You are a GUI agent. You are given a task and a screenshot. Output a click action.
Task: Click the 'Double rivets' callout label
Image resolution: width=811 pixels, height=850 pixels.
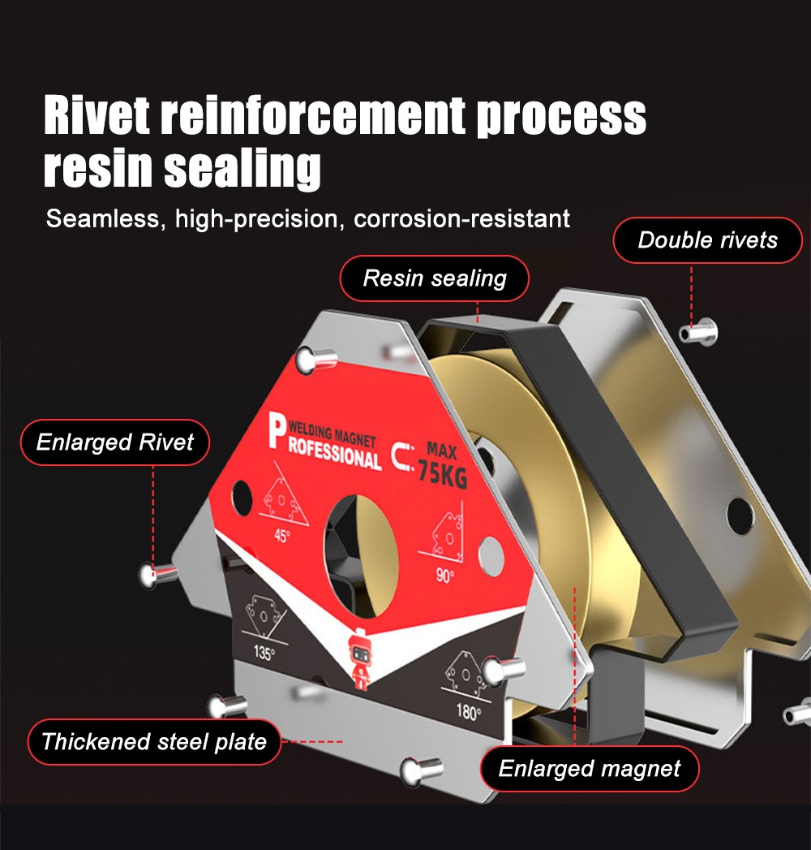point(707,240)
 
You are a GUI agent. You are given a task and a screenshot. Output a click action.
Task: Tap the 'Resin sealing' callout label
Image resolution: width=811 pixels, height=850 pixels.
point(435,278)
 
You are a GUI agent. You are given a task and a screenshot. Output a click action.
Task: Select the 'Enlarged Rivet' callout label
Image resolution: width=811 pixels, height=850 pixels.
point(115,442)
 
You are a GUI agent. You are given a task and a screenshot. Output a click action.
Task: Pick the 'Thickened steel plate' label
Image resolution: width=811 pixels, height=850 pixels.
point(154,741)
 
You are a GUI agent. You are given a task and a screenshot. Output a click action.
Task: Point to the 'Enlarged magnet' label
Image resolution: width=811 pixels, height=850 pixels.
point(590,768)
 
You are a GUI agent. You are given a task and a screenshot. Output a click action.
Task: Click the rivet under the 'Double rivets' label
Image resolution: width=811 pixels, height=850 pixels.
point(695,332)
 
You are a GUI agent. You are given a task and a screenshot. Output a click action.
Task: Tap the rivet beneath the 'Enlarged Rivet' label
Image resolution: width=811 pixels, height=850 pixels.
point(157,575)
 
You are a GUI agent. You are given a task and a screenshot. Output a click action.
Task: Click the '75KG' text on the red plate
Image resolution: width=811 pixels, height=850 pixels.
point(443,474)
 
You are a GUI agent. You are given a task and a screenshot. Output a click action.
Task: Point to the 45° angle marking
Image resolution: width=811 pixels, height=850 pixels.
point(281,536)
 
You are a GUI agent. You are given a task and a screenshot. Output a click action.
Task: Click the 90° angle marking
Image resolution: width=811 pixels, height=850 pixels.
point(445,576)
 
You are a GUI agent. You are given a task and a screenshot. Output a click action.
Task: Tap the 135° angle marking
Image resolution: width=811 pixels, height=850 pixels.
point(264,653)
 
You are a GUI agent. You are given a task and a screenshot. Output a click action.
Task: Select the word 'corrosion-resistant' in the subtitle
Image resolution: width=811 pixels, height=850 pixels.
point(462,218)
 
